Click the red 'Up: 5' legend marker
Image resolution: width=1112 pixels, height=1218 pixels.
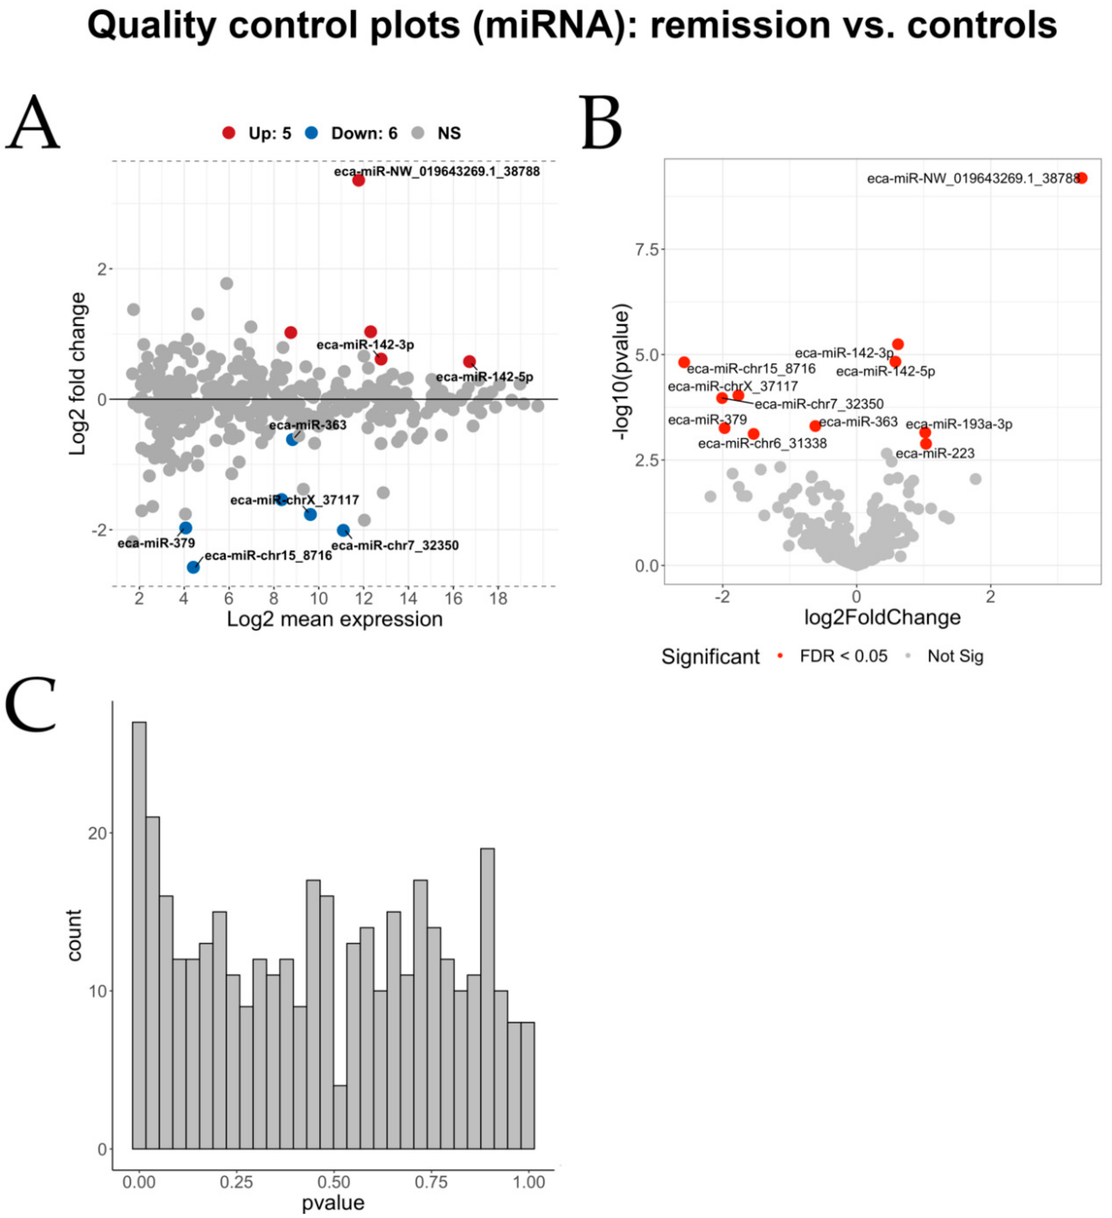coord(228,133)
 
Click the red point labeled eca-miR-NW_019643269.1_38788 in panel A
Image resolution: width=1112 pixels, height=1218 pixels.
coord(358,180)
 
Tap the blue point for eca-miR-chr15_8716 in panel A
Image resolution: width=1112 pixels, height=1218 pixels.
coord(194,567)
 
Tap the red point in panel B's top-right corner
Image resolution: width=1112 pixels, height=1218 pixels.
coord(1082,178)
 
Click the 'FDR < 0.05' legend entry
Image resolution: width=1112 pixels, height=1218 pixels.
coord(843,656)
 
